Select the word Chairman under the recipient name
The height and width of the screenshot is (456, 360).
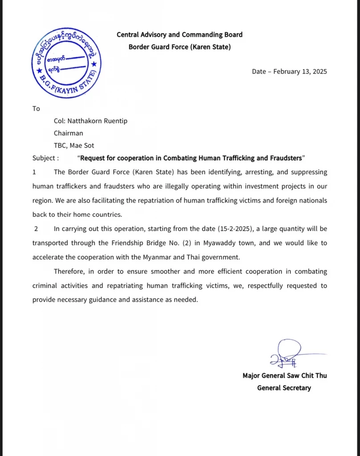tap(69, 133)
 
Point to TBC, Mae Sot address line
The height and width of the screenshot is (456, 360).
tap(74, 145)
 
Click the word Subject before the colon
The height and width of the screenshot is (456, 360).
tap(44, 158)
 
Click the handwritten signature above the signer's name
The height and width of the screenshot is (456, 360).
tap(287, 353)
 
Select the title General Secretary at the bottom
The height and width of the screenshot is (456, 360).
tap(284, 388)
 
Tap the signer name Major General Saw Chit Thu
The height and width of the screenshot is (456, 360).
tap(284, 375)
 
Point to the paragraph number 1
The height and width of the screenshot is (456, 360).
tap(34, 172)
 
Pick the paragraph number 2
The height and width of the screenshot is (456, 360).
tap(36, 229)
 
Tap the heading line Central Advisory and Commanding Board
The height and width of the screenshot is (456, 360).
tap(179, 34)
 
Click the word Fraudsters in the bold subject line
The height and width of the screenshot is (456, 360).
tap(284, 158)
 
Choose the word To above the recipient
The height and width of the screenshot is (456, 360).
tap(36, 109)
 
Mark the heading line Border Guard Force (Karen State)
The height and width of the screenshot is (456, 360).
tap(179, 46)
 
